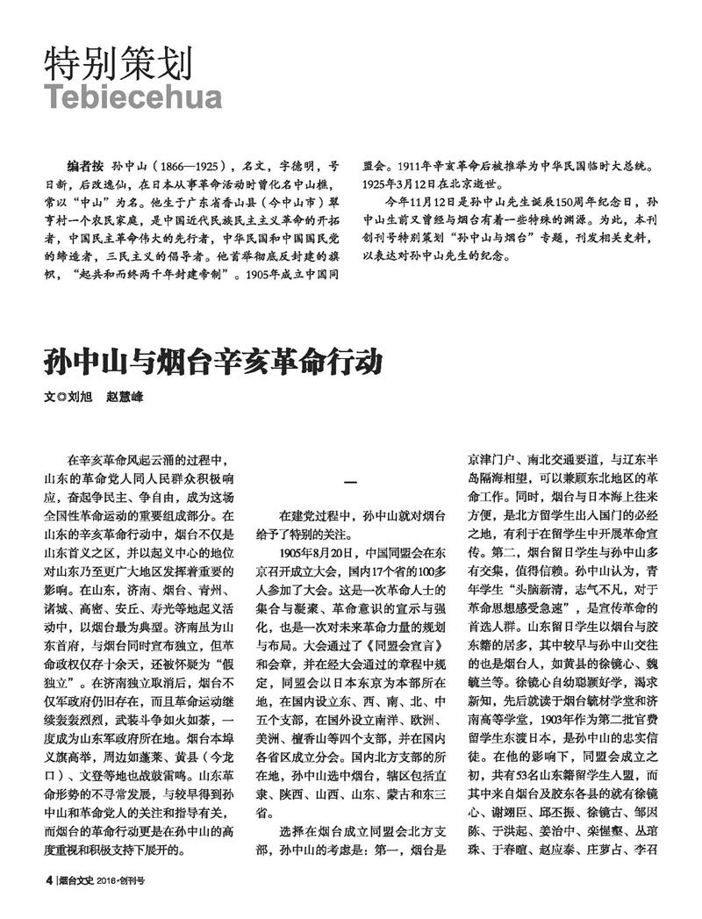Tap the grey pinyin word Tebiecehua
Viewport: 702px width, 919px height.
132,97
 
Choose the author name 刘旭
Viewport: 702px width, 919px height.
78,397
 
